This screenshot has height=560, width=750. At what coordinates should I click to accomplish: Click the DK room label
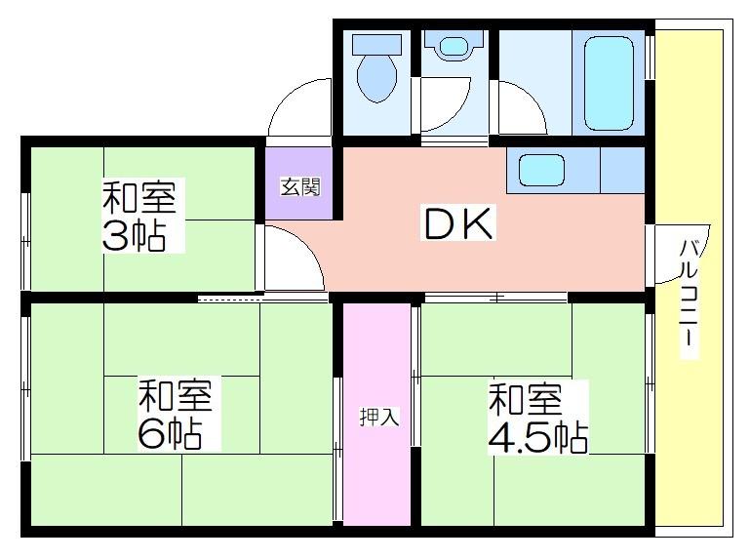click(x=458, y=222)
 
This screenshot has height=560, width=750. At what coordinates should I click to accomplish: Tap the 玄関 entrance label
click(x=300, y=186)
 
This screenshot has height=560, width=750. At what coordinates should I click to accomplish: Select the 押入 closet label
click(x=379, y=417)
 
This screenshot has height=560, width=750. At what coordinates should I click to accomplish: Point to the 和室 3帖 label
click(x=139, y=216)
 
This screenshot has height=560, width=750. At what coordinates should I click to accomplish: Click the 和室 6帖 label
click(x=175, y=414)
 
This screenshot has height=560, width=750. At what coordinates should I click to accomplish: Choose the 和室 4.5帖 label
click(x=537, y=419)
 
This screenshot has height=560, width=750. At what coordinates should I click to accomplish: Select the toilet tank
click(x=376, y=44)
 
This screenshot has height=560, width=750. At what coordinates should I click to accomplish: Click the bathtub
click(x=609, y=83)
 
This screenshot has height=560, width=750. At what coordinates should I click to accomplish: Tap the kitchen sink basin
click(x=541, y=170)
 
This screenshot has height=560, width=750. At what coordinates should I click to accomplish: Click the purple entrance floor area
click(x=299, y=183)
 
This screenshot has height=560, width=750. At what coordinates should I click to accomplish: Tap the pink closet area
click(x=377, y=414)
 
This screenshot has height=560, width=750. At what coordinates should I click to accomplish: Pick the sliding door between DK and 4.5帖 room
click(x=496, y=298)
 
